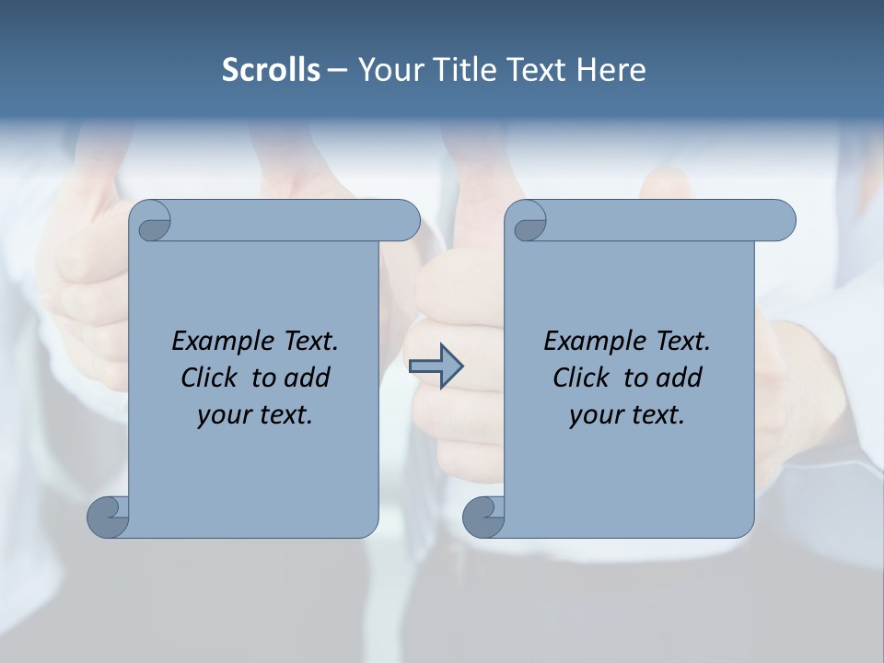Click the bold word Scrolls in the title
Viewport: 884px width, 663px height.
[x=272, y=70]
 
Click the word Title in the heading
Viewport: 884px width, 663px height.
[x=466, y=70]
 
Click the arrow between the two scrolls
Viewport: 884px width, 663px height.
[x=436, y=366]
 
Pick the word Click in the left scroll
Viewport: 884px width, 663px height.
[x=209, y=378]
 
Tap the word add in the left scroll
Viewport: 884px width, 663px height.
[x=308, y=378]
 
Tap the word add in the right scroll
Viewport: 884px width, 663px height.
[x=680, y=378]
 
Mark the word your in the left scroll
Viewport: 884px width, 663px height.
[x=222, y=415]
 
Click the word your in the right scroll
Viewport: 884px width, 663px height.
[x=594, y=415]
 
